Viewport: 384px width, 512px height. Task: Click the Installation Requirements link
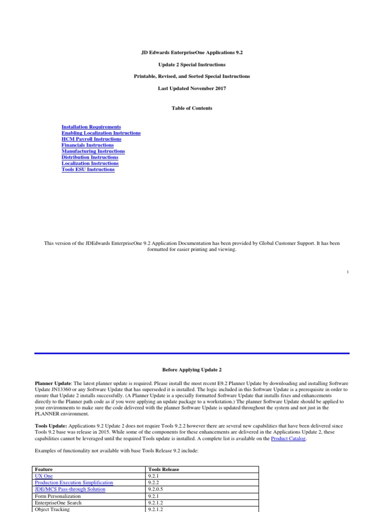(91, 127)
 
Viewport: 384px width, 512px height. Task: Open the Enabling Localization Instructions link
(101, 133)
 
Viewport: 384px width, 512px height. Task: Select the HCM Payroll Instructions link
(91, 139)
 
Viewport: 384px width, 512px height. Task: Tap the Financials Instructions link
(87, 145)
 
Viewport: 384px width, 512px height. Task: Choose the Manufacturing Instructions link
(93, 151)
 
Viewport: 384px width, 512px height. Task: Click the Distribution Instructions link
(90, 157)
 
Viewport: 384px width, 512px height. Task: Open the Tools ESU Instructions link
(88, 169)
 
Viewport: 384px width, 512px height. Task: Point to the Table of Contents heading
(191, 108)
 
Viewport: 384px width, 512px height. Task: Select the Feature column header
(44, 469)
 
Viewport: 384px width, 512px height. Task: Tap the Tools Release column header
(163, 469)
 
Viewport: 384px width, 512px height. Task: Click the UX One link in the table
(43, 476)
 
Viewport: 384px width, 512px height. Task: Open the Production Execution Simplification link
(74, 482)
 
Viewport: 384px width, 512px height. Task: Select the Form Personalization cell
(57, 496)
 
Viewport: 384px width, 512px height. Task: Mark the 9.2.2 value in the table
(154, 482)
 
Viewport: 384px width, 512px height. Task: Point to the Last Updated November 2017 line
(191, 88)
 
